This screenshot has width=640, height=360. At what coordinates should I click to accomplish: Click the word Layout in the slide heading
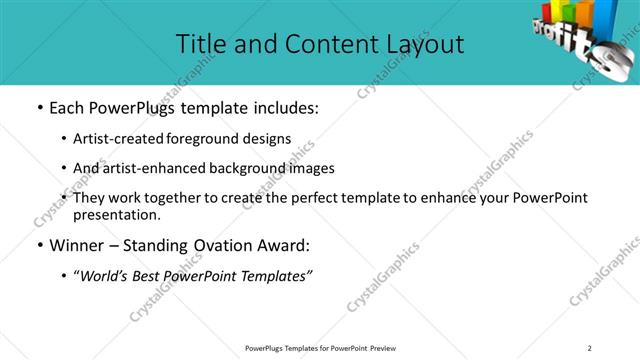tap(421, 44)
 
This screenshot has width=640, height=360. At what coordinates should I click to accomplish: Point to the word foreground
tap(211, 140)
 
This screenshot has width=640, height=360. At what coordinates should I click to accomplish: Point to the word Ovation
tap(226, 246)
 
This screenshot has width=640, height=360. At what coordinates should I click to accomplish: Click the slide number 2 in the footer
tap(590, 348)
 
